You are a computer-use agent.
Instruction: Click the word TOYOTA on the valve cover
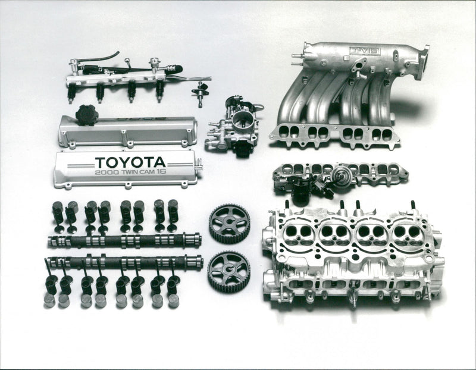click(130, 162)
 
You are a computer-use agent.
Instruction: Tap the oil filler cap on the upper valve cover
click(86, 115)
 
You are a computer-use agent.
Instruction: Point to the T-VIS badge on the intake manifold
click(364, 51)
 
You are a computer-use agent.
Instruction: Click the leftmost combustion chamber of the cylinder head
click(299, 234)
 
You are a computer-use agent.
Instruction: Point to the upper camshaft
click(124, 240)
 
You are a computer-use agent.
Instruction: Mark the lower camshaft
click(124, 262)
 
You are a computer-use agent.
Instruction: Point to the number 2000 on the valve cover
click(107, 173)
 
